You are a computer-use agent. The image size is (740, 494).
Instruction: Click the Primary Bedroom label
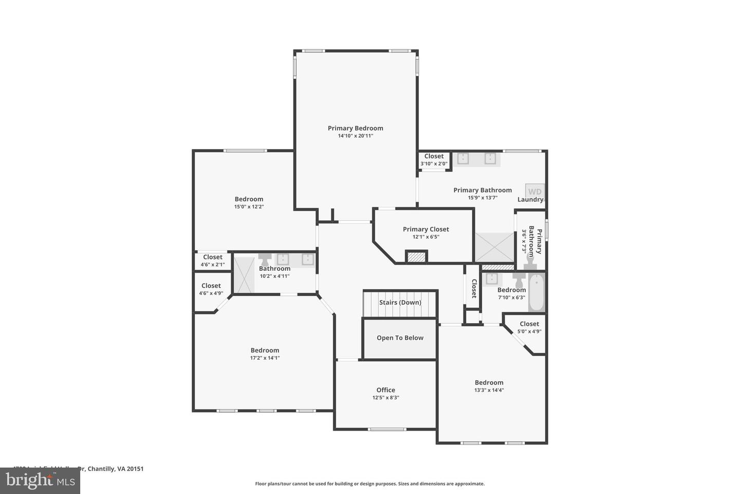tap(355, 128)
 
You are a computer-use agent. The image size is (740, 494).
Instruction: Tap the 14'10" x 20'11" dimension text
tap(355, 136)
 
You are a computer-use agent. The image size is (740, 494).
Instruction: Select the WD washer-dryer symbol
tap(534, 191)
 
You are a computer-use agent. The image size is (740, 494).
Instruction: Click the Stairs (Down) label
tap(400, 303)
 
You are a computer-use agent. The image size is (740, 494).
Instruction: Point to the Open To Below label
tap(400, 338)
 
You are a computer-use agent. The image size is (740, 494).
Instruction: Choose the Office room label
tap(385, 390)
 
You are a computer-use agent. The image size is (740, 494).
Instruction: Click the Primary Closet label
tap(425, 230)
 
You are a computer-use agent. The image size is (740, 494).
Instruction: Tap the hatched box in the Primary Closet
tap(416, 257)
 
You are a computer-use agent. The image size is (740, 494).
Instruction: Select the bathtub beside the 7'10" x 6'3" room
tap(536, 292)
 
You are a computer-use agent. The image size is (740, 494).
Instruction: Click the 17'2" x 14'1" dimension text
tap(265, 358)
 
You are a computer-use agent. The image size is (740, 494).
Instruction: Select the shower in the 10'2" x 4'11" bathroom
tap(244, 275)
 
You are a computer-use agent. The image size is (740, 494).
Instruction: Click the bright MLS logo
tap(40, 481)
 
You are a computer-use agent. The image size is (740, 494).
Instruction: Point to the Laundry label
tap(530, 200)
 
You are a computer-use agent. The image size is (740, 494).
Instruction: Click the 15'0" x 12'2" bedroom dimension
tap(249, 207)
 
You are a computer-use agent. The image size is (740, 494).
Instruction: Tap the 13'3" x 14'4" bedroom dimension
tap(489, 390)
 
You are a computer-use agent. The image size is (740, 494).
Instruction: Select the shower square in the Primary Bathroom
tap(494, 248)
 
